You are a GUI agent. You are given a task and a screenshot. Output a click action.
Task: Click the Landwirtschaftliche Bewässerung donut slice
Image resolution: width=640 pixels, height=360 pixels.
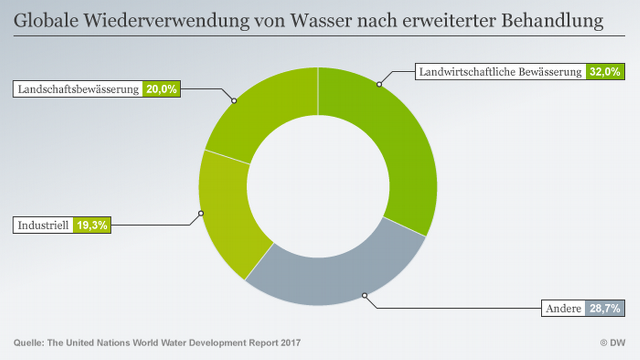pyautogui.click(x=398, y=144)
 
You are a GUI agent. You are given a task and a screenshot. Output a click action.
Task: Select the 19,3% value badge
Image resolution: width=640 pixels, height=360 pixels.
pyautogui.click(x=91, y=225)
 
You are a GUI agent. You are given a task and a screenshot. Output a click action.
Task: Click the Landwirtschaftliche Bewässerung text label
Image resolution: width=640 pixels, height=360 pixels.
pyautogui.click(x=500, y=72)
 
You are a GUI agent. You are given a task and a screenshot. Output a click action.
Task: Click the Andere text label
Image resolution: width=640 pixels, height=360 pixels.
pyautogui.click(x=563, y=309)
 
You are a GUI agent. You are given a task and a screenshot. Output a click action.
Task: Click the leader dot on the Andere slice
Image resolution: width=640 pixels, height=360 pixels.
pyautogui.click(x=364, y=295)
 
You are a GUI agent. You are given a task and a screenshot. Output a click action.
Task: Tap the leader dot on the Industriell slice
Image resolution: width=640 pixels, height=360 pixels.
pyautogui.click(x=201, y=213)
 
